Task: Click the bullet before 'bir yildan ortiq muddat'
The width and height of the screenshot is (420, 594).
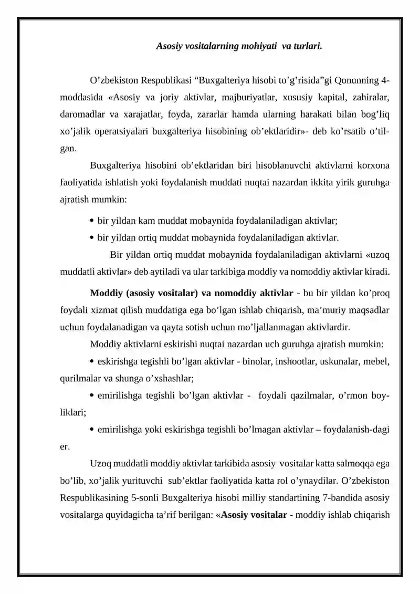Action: coord(92,237)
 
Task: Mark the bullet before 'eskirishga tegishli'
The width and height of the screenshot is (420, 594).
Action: coord(92,361)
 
